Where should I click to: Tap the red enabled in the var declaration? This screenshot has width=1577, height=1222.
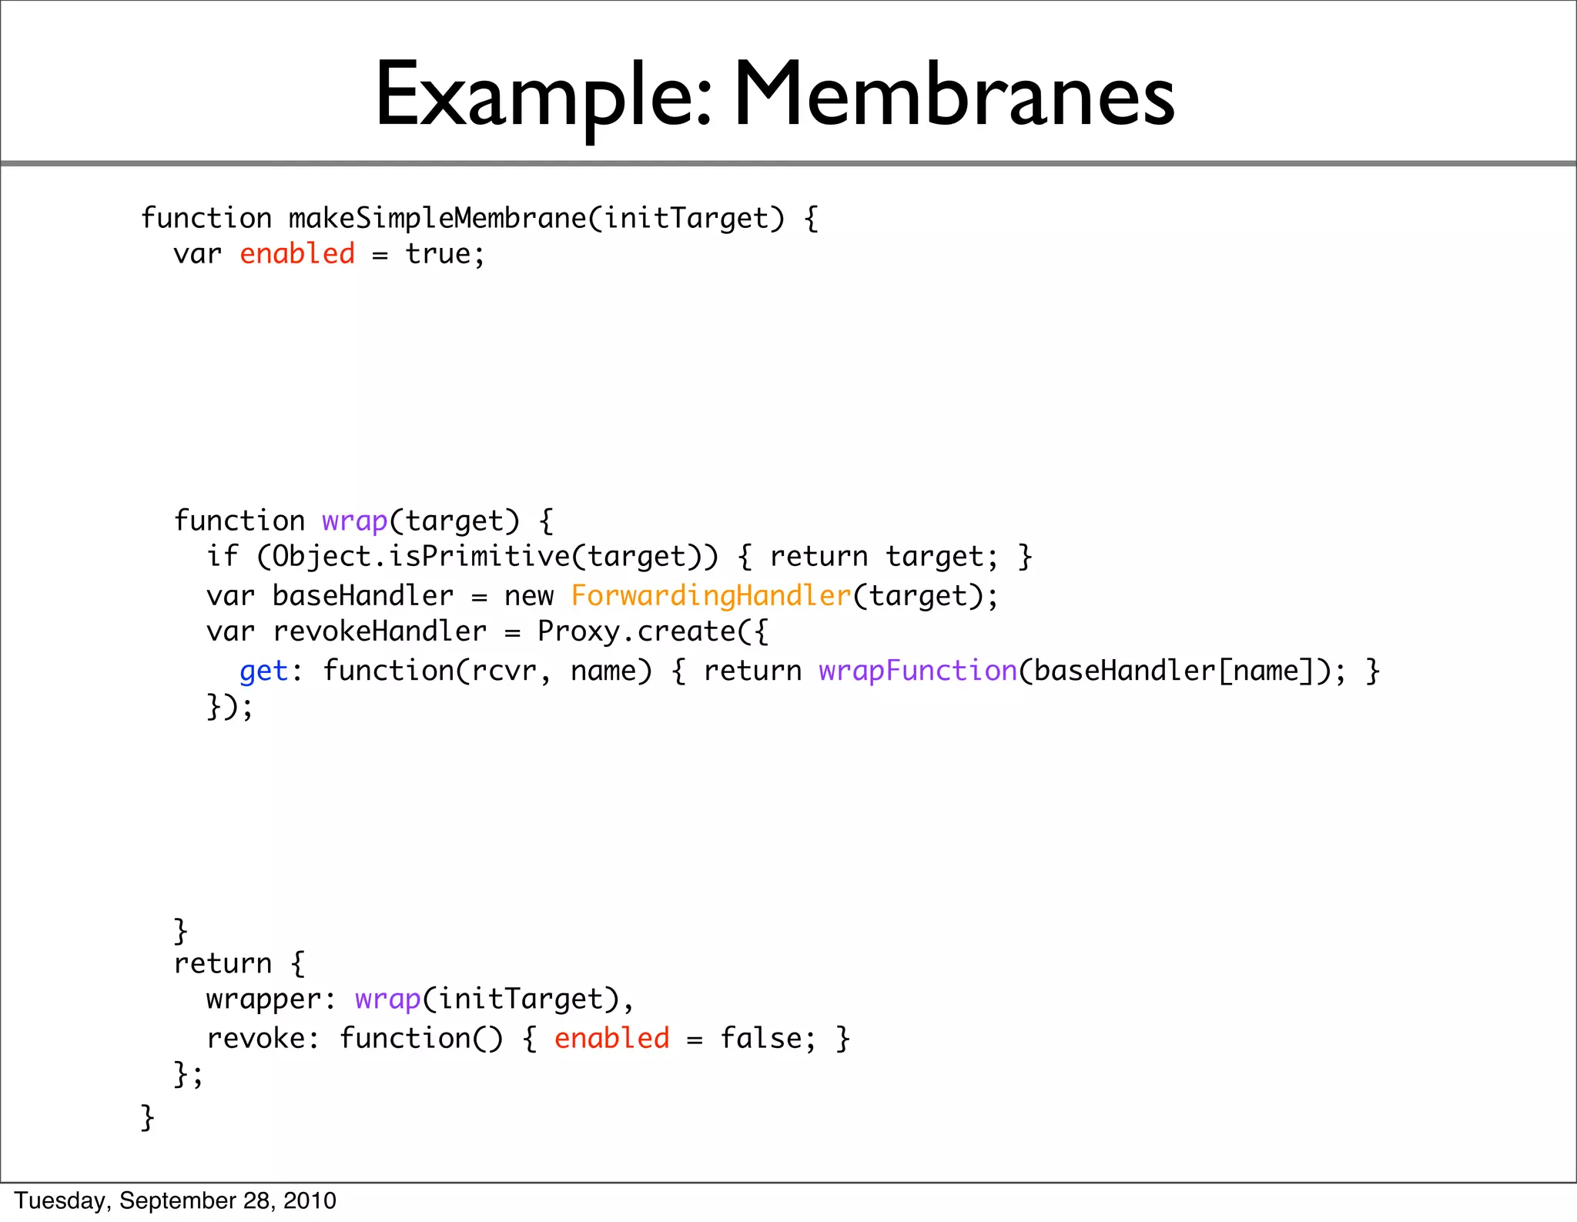(x=297, y=254)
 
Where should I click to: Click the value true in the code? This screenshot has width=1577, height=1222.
(x=437, y=254)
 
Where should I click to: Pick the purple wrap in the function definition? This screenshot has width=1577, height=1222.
(x=354, y=521)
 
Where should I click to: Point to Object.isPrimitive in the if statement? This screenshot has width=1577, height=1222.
(x=421, y=557)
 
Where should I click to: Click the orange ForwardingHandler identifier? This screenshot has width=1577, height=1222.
(x=711, y=596)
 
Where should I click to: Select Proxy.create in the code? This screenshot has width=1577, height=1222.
(x=636, y=631)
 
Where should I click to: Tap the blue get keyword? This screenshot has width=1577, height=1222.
(x=263, y=671)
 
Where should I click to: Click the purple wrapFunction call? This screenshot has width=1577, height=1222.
(x=918, y=671)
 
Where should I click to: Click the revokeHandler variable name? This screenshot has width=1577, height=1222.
(x=380, y=631)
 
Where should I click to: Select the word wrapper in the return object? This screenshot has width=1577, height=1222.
(x=263, y=999)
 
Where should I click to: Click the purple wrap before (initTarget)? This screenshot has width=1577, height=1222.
(x=387, y=999)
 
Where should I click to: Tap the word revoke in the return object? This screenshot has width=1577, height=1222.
(x=256, y=1039)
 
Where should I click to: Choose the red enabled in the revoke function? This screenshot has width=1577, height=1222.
(x=611, y=1039)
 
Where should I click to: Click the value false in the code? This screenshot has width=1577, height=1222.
(x=761, y=1039)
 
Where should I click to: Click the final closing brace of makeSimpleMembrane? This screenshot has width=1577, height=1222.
(x=147, y=1117)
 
